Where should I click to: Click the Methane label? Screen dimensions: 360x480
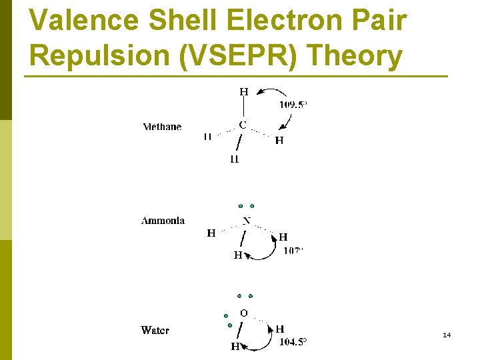pyautogui.click(x=162, y=127)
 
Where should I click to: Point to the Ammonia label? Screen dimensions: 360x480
pyautogui.click(x=163, y=221)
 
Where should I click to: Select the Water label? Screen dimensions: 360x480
pyautogui.click(x=155, y=330)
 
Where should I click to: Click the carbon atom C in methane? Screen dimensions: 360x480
pyautogui.click(x=242, y=125)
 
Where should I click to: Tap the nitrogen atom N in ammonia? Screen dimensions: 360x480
pyautogui.click(x=246, y=221)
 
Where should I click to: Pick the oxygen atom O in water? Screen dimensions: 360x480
pyautogui.click(x=243, y=313)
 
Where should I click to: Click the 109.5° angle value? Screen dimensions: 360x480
pyautogui.click(x=293, y=105)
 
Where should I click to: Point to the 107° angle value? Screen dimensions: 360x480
pyautogui.click(x=293, y=251)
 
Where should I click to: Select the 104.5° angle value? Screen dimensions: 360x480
pyautogui.click(x=293, y=342)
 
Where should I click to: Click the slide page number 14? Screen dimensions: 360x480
pyautogui.click(x=447, y=335)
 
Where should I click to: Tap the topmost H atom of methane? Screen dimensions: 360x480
pyautogui.click(x=244, y=92)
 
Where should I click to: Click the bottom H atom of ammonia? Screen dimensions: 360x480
pyautogui.click(x=237, y=255)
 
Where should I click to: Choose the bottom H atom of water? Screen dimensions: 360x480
pyautogui.click(x=235, y=347)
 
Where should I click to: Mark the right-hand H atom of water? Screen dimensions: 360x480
pyautogui.click(x=279, y=329)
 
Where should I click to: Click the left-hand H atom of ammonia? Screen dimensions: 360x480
pyautogui.click(x=211, y=233)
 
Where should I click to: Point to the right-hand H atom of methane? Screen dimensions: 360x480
pyautogui.click(x=279, y=141)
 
